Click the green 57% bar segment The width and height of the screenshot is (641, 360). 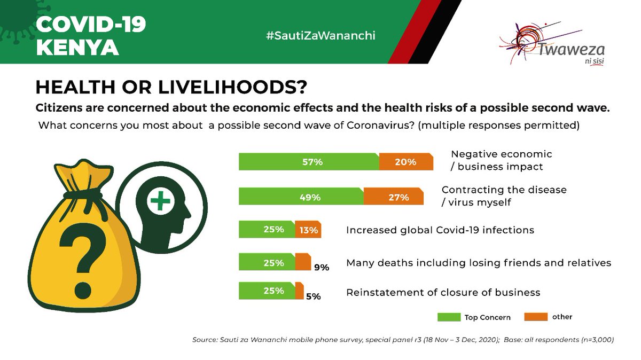(x=309, y=162)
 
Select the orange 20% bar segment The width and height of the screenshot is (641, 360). (x=405, y=162)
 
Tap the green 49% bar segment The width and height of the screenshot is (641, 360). (x=301, y=197)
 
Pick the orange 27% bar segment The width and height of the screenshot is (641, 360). (x=394, y=197)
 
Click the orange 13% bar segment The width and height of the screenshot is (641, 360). (x=308, y=230)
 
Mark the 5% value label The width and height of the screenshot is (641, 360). (x=313, y=296)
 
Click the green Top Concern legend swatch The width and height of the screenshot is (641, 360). (x=449, y=317)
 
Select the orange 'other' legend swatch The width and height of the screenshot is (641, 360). (x=536, y=317)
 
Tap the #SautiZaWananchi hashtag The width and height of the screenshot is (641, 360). (x=320, y=36)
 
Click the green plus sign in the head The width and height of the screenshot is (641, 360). (x=160, y=202)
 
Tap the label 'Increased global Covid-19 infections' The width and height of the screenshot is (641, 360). (x=440, y=230)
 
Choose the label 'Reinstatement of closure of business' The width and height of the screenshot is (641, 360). (x=443, y=292)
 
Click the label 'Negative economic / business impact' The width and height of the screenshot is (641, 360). (x=501, y=160)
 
